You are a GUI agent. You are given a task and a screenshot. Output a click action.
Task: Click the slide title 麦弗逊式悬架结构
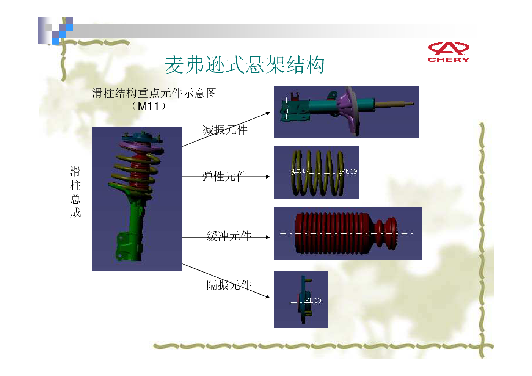click(245, 65)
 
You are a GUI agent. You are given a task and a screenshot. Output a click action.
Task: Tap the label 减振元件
click(225, 130)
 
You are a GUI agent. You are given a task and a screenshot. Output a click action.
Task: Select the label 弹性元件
click(224, 176)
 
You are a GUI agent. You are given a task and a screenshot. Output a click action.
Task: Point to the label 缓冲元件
click(229, 236)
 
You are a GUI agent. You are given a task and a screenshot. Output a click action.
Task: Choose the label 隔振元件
click(229, 285)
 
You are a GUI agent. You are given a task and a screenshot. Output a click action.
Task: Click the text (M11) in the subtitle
click(148, 106)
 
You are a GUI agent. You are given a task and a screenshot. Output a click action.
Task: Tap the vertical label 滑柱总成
click(75, 192)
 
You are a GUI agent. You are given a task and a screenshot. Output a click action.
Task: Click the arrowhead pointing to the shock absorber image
click(268, 113)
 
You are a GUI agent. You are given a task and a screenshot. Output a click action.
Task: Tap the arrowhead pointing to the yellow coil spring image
click(268, 177)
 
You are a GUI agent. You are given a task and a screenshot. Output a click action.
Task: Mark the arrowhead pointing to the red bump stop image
click(268, 237)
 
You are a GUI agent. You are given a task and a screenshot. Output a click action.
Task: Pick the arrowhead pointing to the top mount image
click(268, 296)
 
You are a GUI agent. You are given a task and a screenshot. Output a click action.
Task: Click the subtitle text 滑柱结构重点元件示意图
click(154, 93)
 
